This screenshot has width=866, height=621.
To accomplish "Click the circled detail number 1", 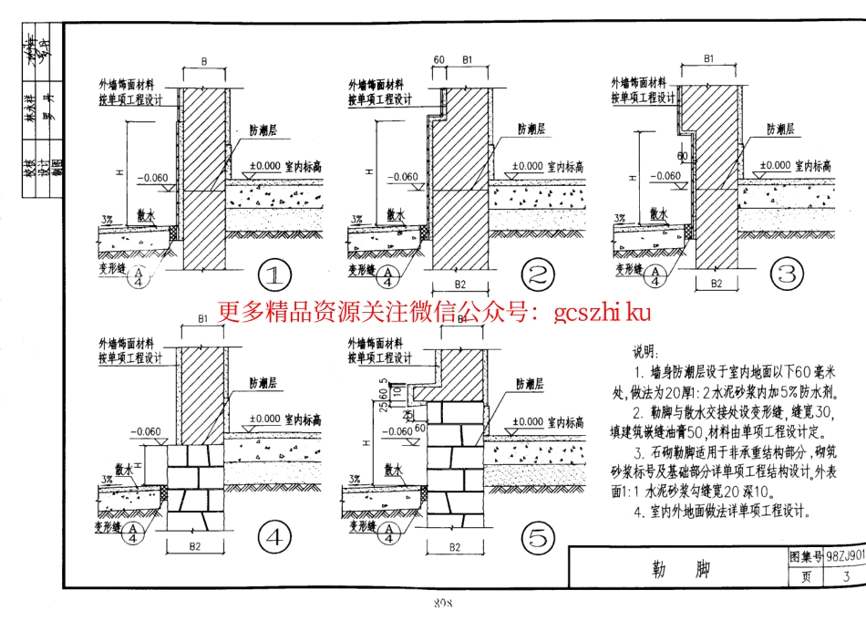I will click(x=274, y=274).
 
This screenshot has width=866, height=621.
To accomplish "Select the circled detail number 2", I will click(x=538, y=274).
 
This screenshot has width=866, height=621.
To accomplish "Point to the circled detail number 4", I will click(x=274, y=538).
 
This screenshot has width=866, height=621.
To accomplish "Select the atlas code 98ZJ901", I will click(x=842, y=555).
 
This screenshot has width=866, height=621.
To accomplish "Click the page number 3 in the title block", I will click(x=845, y=575).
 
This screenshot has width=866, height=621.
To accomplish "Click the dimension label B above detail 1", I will click(x=205, y=61).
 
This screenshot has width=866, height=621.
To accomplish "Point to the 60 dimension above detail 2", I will click(x=438, y=60).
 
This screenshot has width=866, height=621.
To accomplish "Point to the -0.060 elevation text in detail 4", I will click(x=146, y=431).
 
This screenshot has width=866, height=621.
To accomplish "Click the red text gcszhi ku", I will click(x=602, y=314).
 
